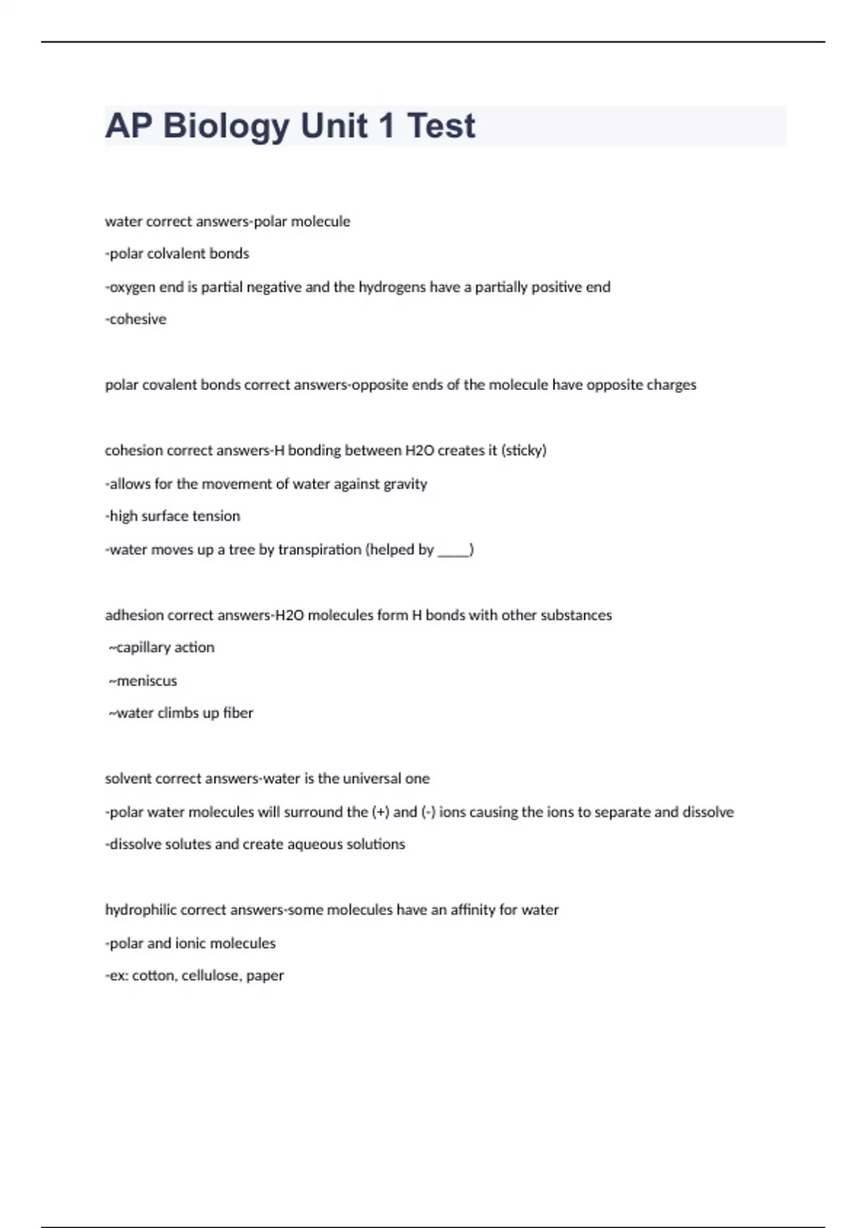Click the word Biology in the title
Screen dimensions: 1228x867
pos(226,126)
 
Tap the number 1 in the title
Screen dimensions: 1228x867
pos(386,126)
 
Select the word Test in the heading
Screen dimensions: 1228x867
pos(441,126)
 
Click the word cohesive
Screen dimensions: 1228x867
pos(137,319)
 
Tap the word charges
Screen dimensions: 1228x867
pos(672,385)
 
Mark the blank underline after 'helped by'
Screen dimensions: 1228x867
pos(453,551)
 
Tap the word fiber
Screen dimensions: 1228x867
pos(238,713)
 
